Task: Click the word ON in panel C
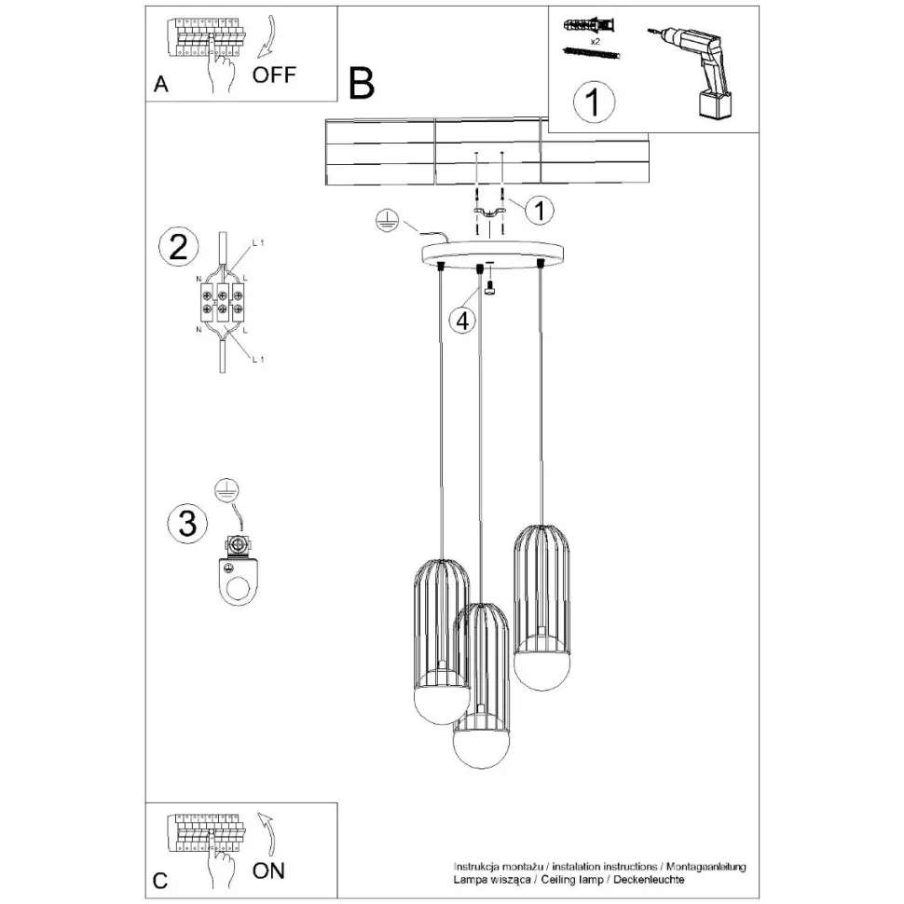269,870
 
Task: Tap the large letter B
362,83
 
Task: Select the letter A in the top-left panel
161,85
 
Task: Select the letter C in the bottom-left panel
160,880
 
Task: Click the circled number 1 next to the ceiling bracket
538,211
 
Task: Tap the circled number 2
178,248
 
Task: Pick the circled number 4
462,320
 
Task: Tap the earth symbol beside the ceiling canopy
388,221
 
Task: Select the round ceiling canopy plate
492,253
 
